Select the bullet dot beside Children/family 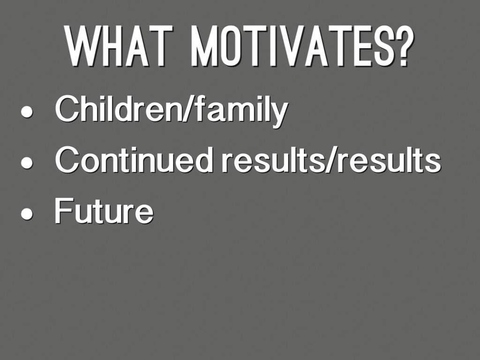[27, 112]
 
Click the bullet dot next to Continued [27, 163]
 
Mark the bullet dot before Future [27, 213]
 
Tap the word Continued [134, 159]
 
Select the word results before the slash [272, 159]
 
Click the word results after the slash [389, 159]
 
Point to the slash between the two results [330, 159]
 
